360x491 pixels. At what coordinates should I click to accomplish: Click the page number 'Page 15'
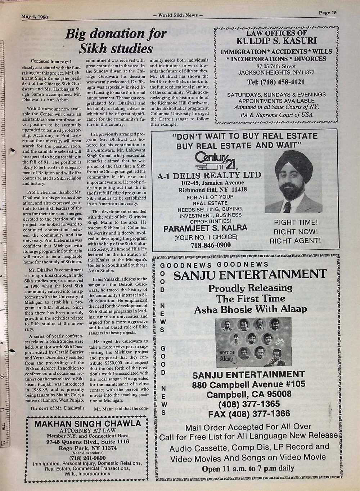[327, 13]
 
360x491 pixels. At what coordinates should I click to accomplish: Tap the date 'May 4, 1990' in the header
[35, 16]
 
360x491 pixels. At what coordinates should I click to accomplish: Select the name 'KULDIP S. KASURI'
[276, 40]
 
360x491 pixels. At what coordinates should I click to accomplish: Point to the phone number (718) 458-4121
[276, 82]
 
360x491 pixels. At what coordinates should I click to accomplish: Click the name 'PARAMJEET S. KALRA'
[205, 228]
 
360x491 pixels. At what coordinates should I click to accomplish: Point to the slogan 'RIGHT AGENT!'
[295, 241]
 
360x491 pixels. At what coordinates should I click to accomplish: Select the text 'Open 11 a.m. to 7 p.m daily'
[248, 469]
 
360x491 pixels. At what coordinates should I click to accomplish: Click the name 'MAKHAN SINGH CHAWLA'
[87, 423]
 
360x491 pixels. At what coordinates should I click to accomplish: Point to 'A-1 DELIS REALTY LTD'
[209, 175]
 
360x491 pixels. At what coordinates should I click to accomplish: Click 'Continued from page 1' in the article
[51, 61]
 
